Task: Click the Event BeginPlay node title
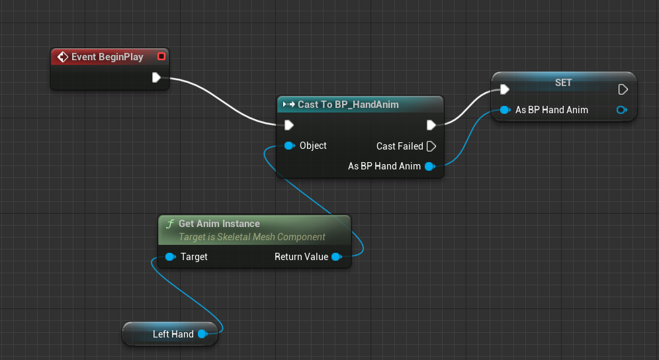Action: [x=107, y=57]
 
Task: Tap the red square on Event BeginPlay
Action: [x=161, y=57]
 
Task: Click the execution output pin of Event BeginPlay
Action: [x=156, y=78]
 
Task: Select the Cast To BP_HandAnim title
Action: [x=348, y=105]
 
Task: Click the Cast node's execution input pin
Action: [x=289, y=125]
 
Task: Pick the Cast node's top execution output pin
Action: [x=431, y=125]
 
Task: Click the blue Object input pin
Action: [x=289, y=146]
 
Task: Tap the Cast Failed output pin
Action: [x=431, y=146]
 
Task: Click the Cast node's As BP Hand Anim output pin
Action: [x=429, y=166]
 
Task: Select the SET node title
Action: [x=563, y=83]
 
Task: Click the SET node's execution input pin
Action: [x=505, y=89]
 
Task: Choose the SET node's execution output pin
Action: [x=622, y=89]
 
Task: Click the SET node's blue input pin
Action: [x=505, y=110]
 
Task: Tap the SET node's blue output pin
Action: [x=621, y=110]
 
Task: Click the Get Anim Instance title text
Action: [x=219, y=224]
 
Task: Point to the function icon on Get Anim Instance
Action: [x=170, y=224]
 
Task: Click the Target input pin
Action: [x=170, y=257]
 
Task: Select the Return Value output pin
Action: [x=336, y=257]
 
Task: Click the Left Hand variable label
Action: [x=173, y=334]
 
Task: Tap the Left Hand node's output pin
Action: [x=202, y=334]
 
